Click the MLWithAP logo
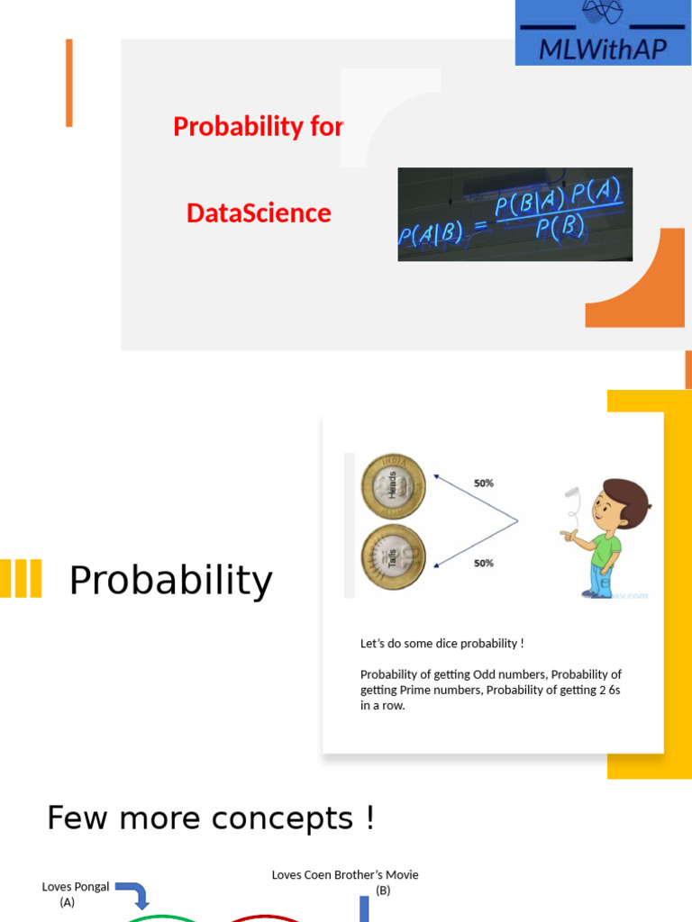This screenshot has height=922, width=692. click(x=603, y=32)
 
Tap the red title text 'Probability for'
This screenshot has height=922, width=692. click(x=258, y=127)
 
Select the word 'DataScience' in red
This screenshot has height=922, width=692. click(x=259, y=213)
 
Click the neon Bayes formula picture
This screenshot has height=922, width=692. click(x=514, y=214)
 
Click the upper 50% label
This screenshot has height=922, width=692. click(x=484, y=484)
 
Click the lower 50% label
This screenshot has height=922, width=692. click(x=484, y=564)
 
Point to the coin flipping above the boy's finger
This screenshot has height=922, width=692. click(x=571, y=493)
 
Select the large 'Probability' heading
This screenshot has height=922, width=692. click(x=170, y=581)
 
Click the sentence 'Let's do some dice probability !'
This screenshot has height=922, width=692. click(x=442, y=643)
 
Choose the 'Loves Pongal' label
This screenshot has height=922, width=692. click(x=76, y=887)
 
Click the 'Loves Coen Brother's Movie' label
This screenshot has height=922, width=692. click(x=345, y=875)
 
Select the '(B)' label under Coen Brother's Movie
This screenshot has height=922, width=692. click(x=383, y=890)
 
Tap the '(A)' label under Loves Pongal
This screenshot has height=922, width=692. click(x=68, y=902)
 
